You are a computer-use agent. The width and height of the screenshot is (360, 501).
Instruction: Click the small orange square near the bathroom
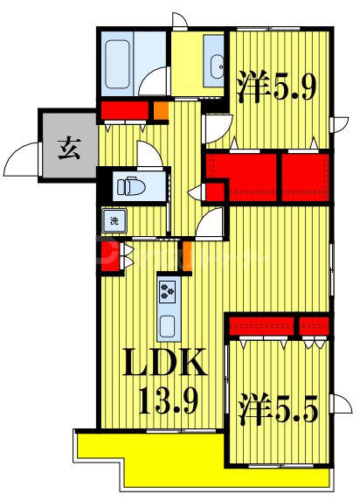click(x=160, y=112)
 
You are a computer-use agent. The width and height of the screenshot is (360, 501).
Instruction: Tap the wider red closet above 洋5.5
click(x=260, y=326)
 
